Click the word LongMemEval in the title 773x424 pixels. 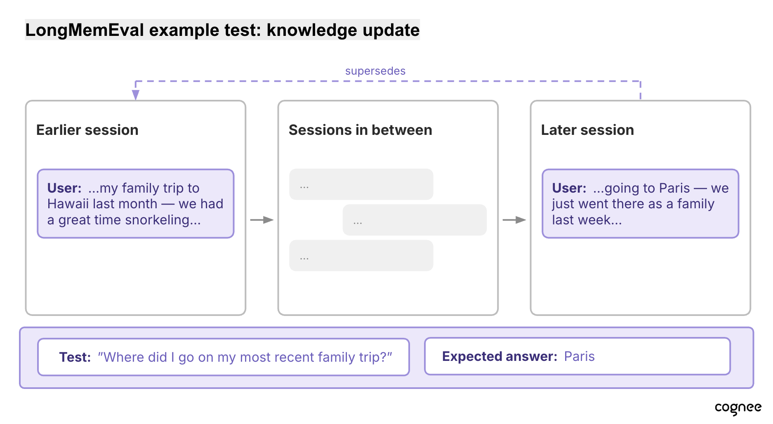[85, 30]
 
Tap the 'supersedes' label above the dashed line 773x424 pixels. [375, 71]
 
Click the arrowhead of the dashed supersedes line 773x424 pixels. [136, 95]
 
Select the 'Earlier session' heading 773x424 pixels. [87, 130]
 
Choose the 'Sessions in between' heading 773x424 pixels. [361, 130]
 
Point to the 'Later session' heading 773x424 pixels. [587, 130]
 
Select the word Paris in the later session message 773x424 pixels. [674, 188]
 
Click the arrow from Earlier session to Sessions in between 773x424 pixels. [262, 220]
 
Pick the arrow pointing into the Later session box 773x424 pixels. [514, 220]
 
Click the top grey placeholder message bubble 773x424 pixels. [361, 184]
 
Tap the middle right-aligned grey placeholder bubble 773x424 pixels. [415, 220]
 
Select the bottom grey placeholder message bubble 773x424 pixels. [361, 255]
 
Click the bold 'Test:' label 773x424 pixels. [75, 357]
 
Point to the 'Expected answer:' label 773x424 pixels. [500, 356]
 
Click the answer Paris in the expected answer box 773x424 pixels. [580, 356]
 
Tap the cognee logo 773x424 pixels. [738, 408]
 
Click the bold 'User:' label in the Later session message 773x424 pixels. [569, 188]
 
